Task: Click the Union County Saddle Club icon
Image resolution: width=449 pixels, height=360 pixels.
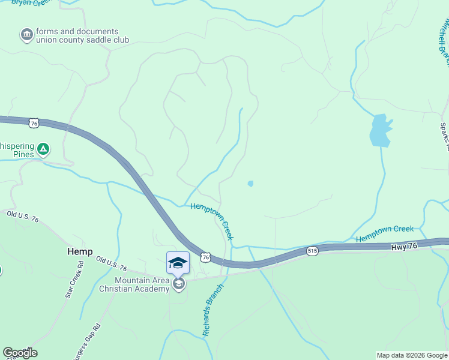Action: (x=26, y=35)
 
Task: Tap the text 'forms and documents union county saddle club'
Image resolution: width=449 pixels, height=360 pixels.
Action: (x=82, y=36)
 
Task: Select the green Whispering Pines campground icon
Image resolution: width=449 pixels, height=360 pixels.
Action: (x=43, y=148)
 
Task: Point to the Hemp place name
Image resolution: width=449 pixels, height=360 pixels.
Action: (x=80, y=251)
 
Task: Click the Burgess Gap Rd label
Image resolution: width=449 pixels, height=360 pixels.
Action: (x=86, y=343)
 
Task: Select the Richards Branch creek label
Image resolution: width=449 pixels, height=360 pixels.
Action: (x=212, y=309)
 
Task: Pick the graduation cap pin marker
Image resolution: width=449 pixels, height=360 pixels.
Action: (x=178, y=262)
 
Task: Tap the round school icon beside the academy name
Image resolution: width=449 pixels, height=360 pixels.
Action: (x=178, y=284)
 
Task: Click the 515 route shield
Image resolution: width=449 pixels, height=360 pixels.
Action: (x=311, y=251)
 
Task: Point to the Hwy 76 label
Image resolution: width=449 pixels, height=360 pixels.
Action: (x=402, y=246)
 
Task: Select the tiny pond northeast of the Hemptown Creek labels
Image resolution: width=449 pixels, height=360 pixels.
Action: (x=250, y=184)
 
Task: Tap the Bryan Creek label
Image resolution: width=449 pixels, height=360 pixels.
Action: (x=30, y=3)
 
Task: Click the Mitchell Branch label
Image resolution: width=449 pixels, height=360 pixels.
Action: (x=444, y=42)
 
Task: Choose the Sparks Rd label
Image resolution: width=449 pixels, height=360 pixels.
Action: (x=444, y=137)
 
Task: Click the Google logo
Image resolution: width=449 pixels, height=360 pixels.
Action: (x=20, y=353)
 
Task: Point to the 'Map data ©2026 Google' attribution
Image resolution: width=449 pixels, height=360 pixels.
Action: (x=411, y=355)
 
